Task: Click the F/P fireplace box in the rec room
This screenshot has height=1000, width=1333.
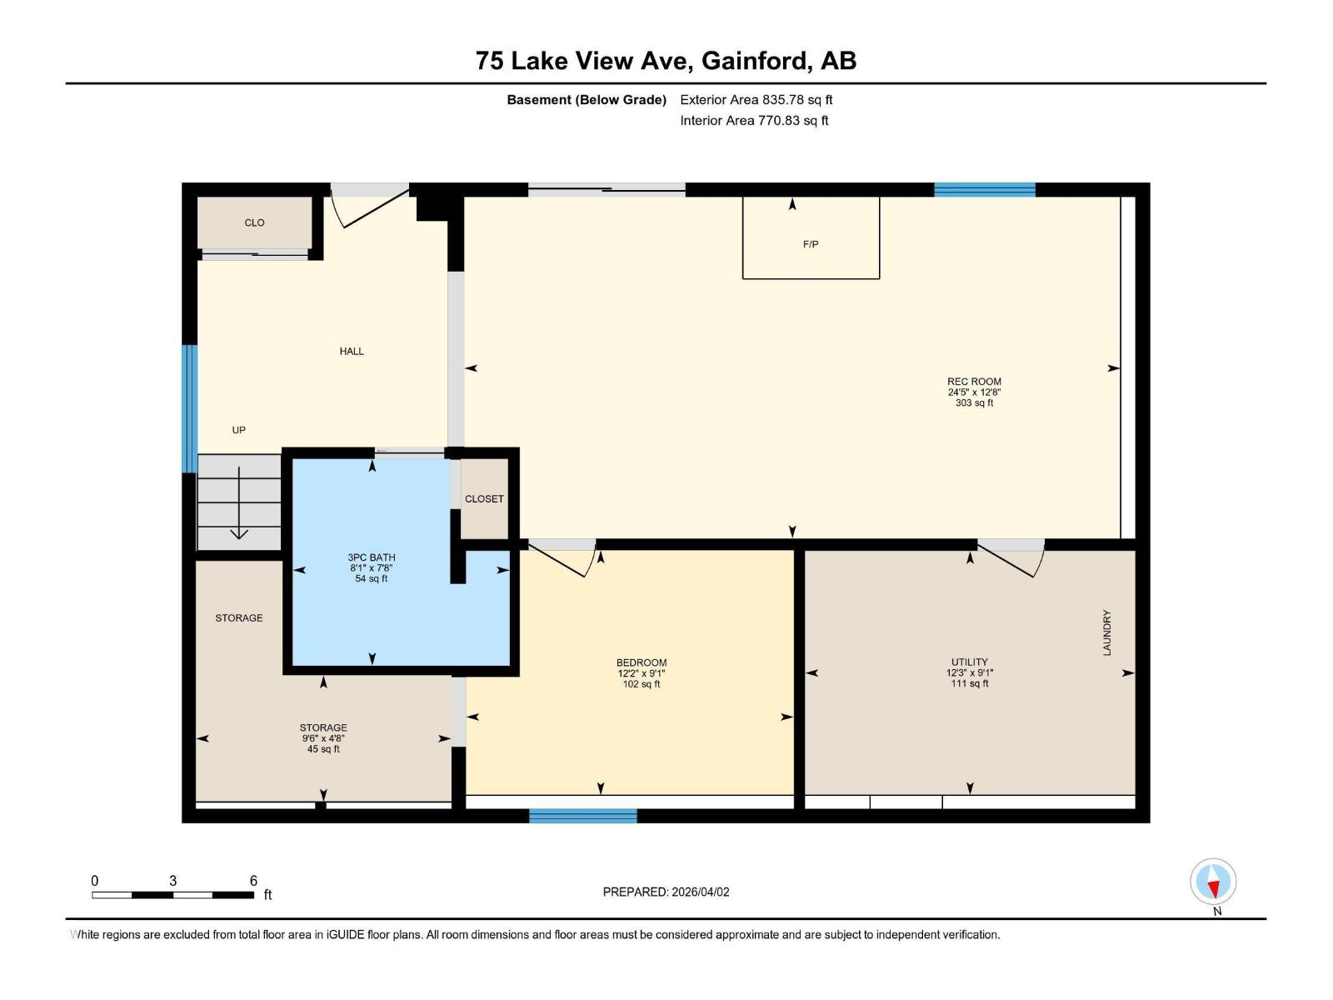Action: (811, 237)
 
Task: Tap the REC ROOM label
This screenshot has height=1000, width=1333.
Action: (974, 382)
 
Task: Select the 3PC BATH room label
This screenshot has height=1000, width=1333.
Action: (372, 557)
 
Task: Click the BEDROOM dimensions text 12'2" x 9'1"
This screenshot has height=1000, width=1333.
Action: (642, 673)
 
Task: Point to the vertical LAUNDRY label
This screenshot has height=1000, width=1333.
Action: (1107, 632)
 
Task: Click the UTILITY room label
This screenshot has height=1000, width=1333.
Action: (970, 662)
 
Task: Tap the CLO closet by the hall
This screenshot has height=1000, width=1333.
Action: (255, 222)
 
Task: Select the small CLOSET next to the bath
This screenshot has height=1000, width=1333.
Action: (484, 498)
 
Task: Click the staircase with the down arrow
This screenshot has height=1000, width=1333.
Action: (239, 502)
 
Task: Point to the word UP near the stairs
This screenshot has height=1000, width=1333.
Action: (239, 430)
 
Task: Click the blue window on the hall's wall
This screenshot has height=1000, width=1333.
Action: (190, 409)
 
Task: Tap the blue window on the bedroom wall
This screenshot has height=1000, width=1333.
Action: (583, 815)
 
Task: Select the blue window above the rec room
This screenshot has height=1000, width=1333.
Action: (984, 190)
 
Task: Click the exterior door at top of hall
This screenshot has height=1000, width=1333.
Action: (369, 204)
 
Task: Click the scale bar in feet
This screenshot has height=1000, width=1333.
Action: (173, 895)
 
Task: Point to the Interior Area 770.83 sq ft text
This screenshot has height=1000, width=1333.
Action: (754, 120)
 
